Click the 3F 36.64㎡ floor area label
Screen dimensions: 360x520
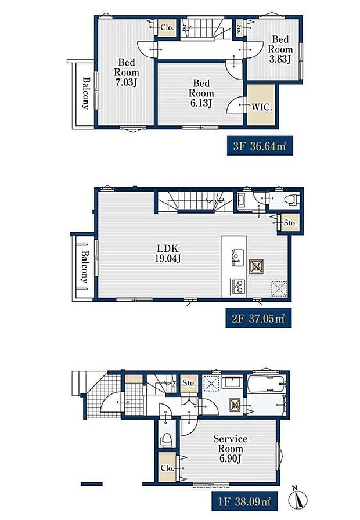point(260,145)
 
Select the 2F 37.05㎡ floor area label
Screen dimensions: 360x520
point(258,318)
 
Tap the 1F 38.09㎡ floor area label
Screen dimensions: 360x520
point(244,501)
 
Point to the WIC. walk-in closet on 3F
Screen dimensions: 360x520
point(261,105)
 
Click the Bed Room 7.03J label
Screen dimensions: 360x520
point(127,73)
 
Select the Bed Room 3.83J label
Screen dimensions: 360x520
point(280,49)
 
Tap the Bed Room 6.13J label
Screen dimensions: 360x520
point(201,93)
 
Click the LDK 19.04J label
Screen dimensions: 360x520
point(168,253)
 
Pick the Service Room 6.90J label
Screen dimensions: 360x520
point(231,449)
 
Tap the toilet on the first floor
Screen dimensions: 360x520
point(166,439)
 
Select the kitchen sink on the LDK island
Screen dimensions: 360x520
point(237,257)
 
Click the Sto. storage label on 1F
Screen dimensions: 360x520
point(189,382)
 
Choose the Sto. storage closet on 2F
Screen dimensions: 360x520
point(290,223)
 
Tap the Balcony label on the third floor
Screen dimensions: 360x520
point(85,93)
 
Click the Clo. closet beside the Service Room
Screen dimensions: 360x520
point(167,468)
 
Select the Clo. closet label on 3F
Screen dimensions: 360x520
point(167,27)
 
